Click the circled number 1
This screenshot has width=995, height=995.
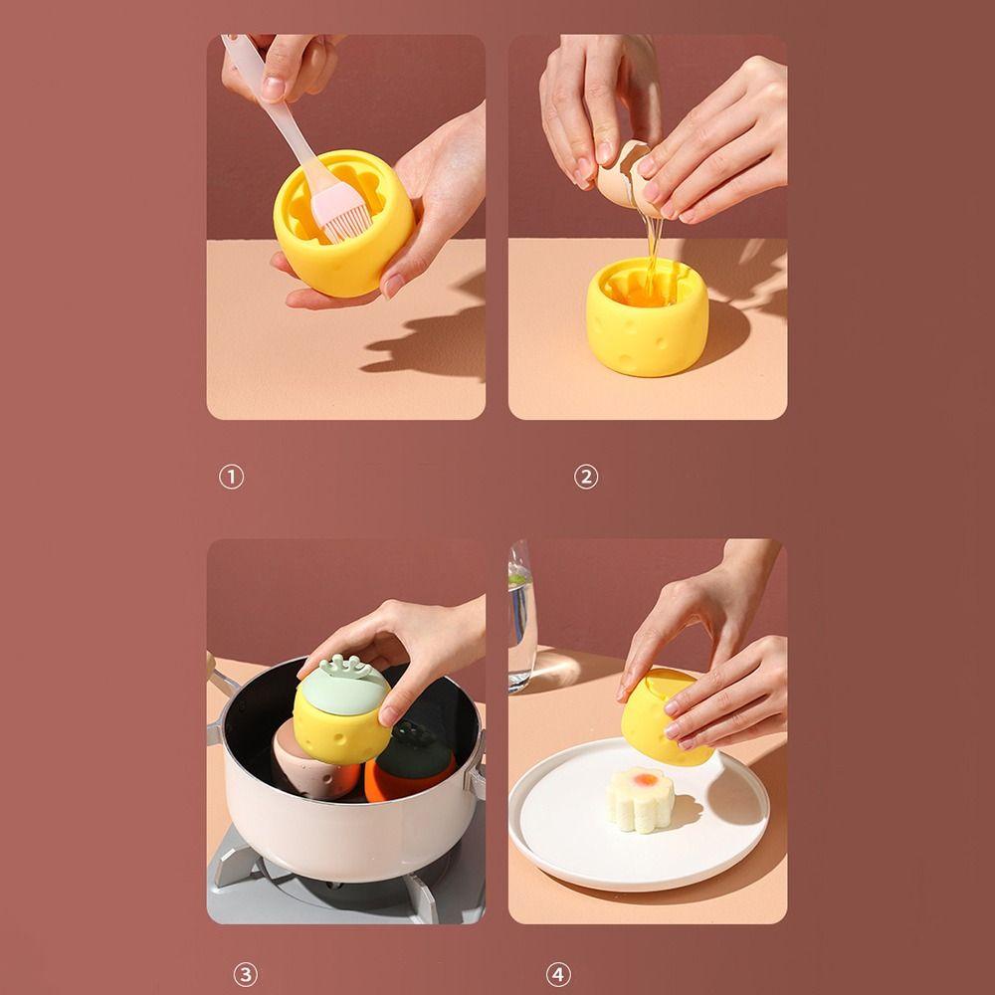click(x=231, y=477)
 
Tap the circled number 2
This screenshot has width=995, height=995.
click(x=586, y=477)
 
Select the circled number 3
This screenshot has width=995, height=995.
click(x=245, y=974)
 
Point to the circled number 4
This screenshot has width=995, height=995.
click(x=558, y=974)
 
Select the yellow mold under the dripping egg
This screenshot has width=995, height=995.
click(x=647, y=316)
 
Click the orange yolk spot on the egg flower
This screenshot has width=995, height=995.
click(x=646, y=779)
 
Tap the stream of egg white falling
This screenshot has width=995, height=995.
click(x=653, y=254)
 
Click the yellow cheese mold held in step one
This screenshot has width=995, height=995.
click(x=343, y=223)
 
